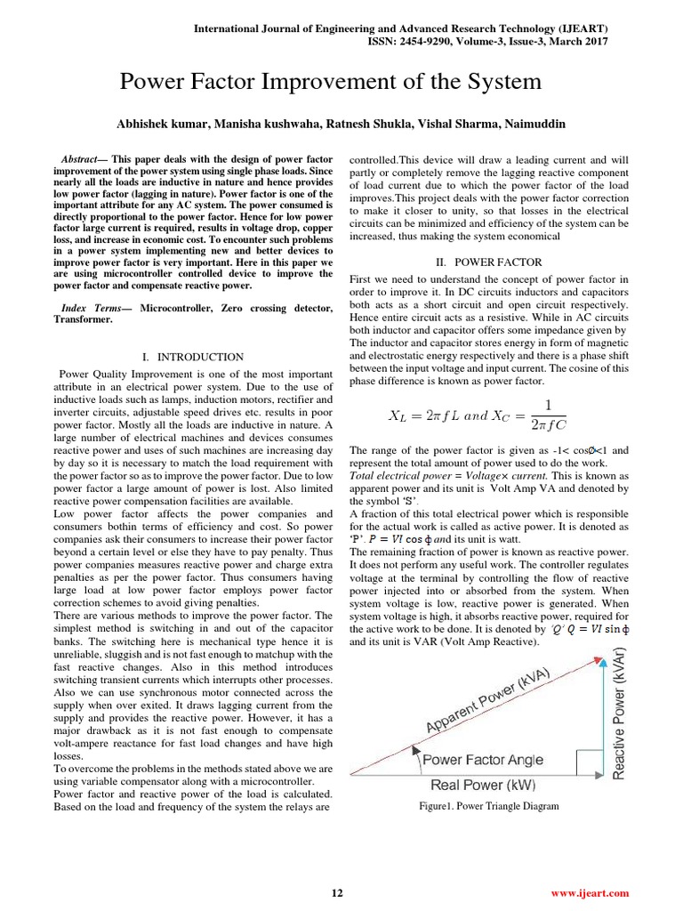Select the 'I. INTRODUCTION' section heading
(193, 356)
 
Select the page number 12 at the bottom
(336, 892)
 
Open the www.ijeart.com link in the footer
(590, 892)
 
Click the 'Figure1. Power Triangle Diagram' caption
(490, 806)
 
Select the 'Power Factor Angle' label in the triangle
(481, 760)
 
